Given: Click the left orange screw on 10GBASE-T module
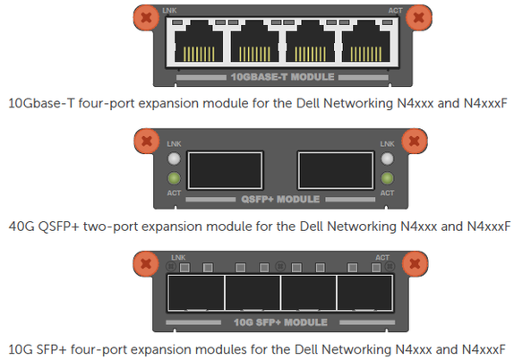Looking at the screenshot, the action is coord(146,17).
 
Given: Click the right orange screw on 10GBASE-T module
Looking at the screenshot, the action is coord(418,17).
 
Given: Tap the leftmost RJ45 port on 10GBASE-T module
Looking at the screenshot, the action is coord(199,41).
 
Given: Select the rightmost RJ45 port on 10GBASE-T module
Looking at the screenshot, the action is coord(366,41).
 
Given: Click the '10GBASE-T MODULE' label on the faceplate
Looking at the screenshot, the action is coord(282,77).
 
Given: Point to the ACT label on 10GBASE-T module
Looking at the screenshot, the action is coord(395,11).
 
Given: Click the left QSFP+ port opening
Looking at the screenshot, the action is coord(225,170).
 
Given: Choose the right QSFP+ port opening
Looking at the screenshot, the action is coord(336,170).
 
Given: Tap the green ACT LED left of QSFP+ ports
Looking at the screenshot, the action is coord(174,178).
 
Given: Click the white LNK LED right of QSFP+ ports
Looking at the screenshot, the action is coord(387,159).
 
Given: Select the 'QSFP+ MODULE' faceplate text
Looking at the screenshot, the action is coord(280,200).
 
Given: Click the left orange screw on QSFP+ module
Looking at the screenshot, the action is coord(147,141).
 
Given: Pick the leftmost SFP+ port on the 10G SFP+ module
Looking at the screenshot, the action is coord(196,293).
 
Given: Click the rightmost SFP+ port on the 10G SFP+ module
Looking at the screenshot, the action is coord(364,293).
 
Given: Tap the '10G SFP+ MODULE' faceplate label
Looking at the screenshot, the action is coord(280,322).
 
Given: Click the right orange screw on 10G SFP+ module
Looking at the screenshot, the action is coord(415,264).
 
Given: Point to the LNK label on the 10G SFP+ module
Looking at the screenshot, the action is coord(178,258).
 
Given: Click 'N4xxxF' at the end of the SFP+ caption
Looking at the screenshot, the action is coord(484,349).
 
